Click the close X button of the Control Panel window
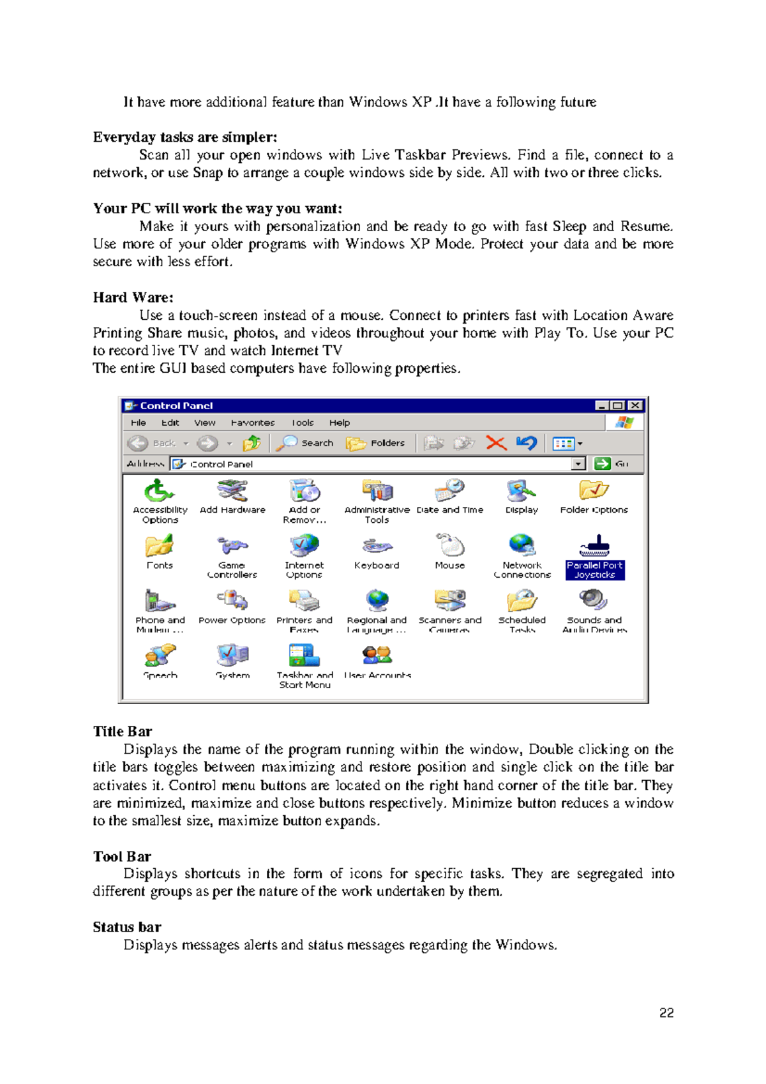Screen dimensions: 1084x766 point(635,405)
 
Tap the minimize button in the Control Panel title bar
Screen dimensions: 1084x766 point(601,405)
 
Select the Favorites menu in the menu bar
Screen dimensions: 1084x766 point(253,423)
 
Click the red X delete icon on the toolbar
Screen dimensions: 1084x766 point(496,443)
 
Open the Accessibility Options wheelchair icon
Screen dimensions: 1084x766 point(158,491)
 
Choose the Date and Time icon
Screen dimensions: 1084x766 point(450,491)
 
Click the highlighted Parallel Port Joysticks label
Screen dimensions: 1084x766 point(594,569)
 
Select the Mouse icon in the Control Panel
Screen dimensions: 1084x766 point(450,546)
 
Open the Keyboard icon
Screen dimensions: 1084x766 point(377,546)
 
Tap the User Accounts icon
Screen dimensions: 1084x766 point(377,656)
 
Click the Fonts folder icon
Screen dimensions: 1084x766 point(159,546)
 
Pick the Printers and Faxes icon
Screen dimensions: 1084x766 point(304,601)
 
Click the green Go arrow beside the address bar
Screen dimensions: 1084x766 point(602,463)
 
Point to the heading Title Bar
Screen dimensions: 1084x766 point(123,732)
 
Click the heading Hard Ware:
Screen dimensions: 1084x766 point(133,297)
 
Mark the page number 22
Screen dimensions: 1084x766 point(666,1013)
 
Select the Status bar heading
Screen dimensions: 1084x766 point(126,927)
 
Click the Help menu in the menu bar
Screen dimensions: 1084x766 point(340,423)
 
